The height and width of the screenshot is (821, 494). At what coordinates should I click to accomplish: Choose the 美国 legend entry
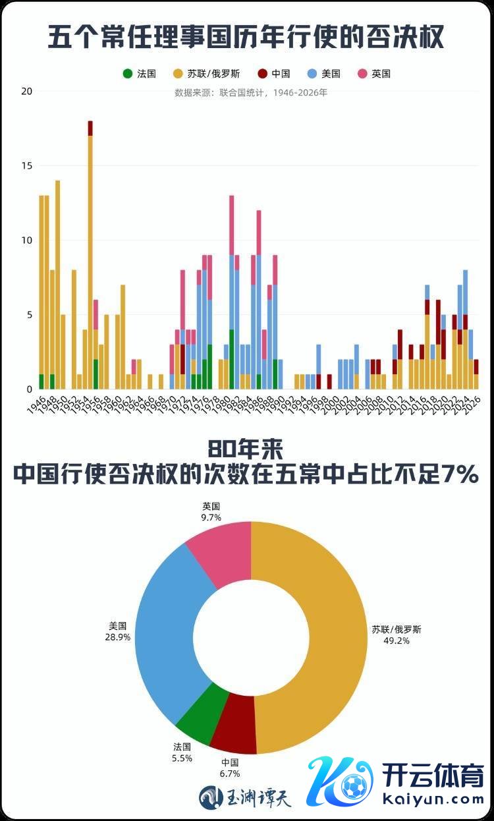pos(325,74)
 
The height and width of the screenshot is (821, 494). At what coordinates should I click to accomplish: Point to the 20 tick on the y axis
pos(26,91)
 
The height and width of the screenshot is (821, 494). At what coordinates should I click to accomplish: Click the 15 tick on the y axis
pos(26,165)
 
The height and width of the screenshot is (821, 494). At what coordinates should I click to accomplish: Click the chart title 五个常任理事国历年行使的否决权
pos(246,37)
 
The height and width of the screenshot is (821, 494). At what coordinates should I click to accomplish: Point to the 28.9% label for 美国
pos(119,638)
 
